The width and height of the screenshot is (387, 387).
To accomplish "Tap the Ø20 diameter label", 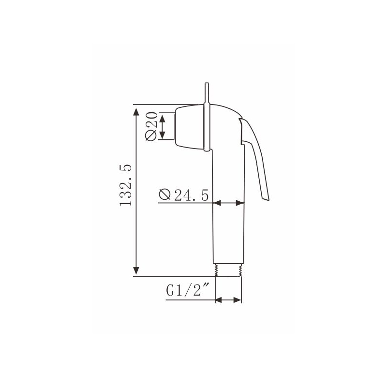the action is click(x=151, y=126).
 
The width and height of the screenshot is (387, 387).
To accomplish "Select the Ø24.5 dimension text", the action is click(x=184, y=195).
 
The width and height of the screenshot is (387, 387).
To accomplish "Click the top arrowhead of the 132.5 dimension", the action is click(x=136, y=112).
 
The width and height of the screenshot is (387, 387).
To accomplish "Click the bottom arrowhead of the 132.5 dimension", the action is click(x=136, y=271).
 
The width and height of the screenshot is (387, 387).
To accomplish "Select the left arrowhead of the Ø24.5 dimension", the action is click(x=217, y=203).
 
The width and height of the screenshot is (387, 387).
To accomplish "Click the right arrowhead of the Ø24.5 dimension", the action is click(x=240, y=203).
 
